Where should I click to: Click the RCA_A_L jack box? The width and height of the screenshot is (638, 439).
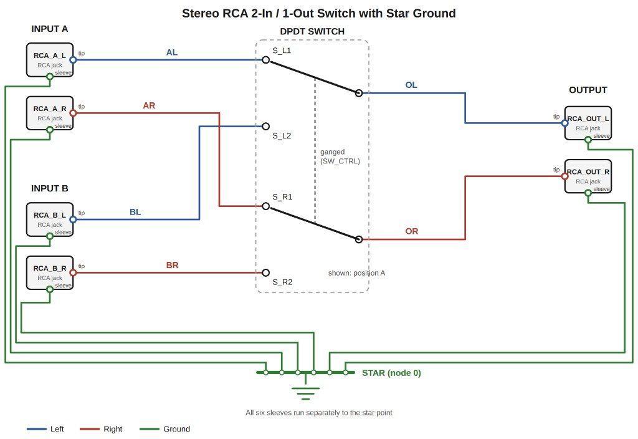pyautogui.click(x=50, y=60)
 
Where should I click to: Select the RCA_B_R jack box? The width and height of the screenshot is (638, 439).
pyautogui.click(x=50, y=273)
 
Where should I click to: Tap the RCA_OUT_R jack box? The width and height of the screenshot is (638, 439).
pyautogui.click(x=588, y=176)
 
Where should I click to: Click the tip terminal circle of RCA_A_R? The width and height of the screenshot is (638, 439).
pyautogui.click(x=74, y=113)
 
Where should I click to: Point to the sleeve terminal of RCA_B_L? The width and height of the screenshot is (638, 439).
pyautogui.click(x=50, y=236)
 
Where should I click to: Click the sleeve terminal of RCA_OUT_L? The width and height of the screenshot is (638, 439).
pyautogui.click(x=588, y=140)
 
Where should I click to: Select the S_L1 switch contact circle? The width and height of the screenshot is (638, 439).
pyautogui.click(x=265, y=60)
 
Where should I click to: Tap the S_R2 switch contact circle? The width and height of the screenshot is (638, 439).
pyautogui.click(x=265, y=273)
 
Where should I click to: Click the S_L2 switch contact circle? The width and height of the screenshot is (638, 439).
pyautogui.click(x=265, y=126)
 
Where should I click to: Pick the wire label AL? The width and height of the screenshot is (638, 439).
pyautogui.click(x=172, y=52)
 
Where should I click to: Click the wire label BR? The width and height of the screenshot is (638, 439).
pyautogui.click(x=172, y=265)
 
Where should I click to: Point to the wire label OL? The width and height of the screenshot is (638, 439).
pyautogui.click(x=411, y=85)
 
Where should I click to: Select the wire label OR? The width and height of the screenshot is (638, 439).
pyautogui.click(x=411, y=231)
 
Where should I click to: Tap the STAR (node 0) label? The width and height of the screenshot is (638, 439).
pyautogui.click(x=391, y=373)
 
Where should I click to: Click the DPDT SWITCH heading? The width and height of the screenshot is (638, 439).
pyautogui.click(x=312, y=31)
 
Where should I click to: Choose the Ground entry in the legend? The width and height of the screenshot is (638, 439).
pyautogui.click(x=164, y=429)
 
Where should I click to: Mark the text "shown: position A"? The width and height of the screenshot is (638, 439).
pyautogui.click(x=356, y=273)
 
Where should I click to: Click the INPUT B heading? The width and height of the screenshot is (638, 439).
pyautogui.click(x=50, y=188)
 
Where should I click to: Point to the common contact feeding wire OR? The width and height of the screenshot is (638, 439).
pyautogui.click(x=358, y=239)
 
